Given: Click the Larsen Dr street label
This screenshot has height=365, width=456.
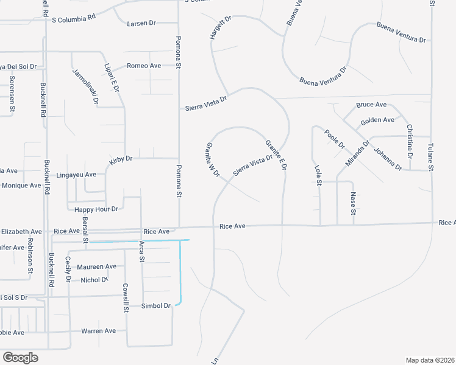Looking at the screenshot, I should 141,23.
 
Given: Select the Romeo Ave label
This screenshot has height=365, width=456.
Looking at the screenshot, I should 143,66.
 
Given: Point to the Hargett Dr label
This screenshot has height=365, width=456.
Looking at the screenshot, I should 221,29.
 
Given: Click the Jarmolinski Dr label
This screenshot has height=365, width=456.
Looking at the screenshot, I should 85,88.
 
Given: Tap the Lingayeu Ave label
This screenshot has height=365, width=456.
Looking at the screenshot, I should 76,175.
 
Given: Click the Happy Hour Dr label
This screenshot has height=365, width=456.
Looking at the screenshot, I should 96,209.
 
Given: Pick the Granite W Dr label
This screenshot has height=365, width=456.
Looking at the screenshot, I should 213,159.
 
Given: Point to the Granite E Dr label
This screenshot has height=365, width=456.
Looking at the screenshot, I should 276,155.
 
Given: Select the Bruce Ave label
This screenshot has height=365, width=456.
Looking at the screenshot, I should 371,105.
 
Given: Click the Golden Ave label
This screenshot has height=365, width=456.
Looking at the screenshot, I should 377,121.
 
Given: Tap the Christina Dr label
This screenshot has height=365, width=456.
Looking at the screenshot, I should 410,142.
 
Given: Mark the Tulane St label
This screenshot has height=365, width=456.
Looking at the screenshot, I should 430,156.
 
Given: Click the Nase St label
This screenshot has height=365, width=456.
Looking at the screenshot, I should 353,203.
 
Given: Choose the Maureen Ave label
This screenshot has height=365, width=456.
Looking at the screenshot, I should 97,266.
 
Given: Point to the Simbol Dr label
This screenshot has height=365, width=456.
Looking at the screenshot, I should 157,305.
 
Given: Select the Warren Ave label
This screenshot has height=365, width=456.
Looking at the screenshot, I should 98,331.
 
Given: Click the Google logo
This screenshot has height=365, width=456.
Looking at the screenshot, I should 20,358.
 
